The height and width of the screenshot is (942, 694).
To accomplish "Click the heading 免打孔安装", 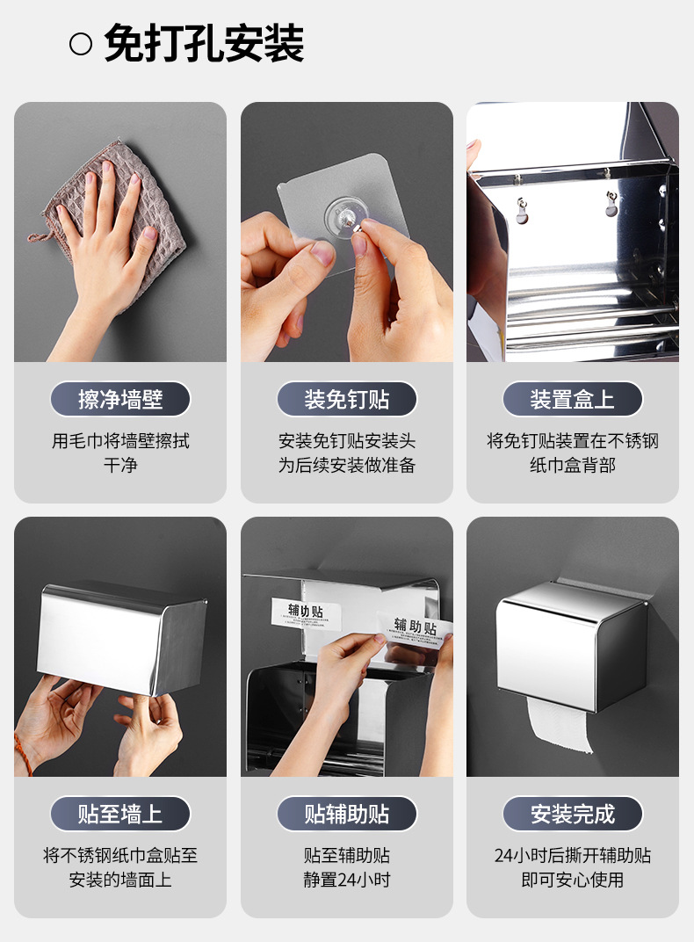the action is click(204, 43).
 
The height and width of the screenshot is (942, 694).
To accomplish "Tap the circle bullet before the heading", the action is click(81, 44).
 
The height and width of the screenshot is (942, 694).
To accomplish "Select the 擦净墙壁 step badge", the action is click(120, 400).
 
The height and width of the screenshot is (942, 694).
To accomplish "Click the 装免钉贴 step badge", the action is click(347, 400).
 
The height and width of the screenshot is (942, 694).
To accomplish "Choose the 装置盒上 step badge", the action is click(573, 400).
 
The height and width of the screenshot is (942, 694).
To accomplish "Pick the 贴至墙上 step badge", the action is click(120, 814).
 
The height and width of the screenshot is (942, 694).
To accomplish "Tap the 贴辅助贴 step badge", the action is click(347, 814).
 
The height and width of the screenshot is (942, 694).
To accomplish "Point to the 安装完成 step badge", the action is click(573, 814).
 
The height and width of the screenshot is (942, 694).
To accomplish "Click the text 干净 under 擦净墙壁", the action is click(120, 465).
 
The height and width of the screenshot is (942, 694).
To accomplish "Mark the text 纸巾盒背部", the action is click(573, 465).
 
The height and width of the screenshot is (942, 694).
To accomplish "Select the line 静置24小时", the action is click(347, 880).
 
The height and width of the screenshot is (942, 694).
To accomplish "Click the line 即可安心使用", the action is click(573, 880).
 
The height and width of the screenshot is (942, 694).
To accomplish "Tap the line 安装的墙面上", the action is click(120, 880).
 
